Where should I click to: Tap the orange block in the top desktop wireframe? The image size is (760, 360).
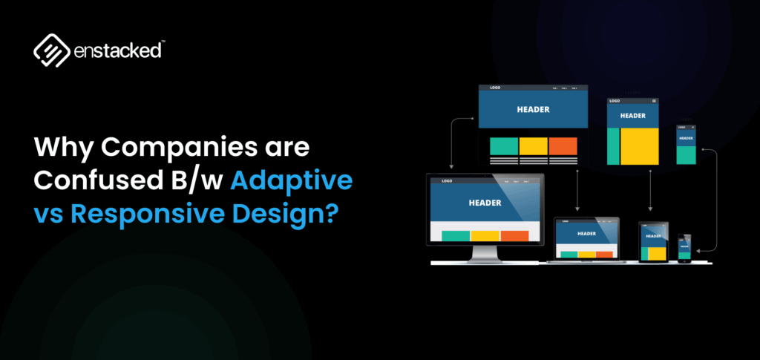(563, 146)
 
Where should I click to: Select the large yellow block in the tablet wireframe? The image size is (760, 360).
(639, 145)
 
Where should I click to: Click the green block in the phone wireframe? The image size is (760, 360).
(686, 154)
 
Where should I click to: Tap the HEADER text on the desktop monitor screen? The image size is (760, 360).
(485, 202)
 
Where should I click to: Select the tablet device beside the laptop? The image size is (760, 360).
(654, 242)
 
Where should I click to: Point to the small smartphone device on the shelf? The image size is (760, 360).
(684, 248)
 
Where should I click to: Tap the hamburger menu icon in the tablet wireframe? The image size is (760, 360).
(654, 101)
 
